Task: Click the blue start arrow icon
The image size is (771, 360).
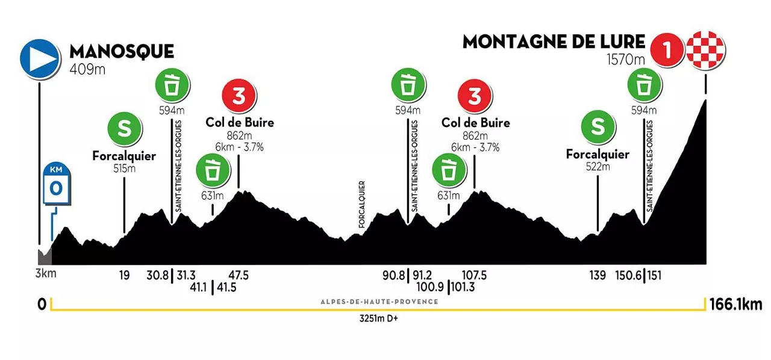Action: coord(40,59)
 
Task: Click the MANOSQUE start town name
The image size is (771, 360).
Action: coord(122,51)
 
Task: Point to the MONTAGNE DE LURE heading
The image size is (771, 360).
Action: coord(554,42)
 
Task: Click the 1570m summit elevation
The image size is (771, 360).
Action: coord(626,60)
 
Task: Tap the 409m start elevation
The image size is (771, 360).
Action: coord(88,69)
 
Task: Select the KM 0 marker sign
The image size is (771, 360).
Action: coord(56,183)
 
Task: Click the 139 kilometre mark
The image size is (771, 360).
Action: coord(598,275)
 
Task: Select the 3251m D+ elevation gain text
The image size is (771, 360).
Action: coord(378,319)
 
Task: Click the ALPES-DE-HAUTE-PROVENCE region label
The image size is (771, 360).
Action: coord(379,302)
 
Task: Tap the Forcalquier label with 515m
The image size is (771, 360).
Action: coord(124,156)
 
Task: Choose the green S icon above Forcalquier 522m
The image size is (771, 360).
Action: coord(598,127)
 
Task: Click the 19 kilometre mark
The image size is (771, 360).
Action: coord(124,275)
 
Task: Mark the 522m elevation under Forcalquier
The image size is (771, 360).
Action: coord(598,167)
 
